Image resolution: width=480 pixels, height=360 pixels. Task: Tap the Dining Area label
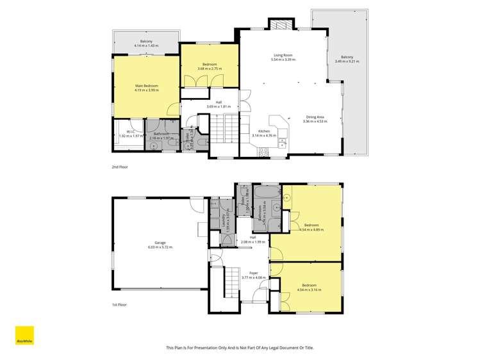315,117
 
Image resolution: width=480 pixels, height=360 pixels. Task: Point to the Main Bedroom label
146,86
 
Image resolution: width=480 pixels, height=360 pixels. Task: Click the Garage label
160,243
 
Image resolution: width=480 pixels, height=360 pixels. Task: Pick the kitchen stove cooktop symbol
263,152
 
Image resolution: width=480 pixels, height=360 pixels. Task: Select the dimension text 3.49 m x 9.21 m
347,61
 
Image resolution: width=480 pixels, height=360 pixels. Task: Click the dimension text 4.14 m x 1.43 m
146,46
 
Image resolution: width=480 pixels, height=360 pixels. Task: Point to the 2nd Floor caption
120,167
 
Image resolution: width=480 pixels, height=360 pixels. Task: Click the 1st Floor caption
119,305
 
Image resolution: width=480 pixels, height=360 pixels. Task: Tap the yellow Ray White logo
24,336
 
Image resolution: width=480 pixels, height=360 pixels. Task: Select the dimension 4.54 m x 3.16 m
310,290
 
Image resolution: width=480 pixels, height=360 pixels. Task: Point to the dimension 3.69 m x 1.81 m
219,106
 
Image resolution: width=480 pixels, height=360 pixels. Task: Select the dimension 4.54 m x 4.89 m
311,229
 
